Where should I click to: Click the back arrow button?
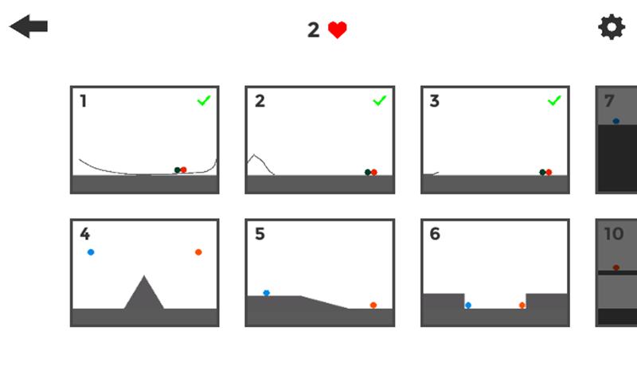[29, 26]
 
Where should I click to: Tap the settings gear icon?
[612, 27]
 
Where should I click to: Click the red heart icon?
[338, 30]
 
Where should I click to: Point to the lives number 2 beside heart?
[314, 30]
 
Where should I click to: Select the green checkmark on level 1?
[204, 100]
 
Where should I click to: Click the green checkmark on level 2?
[379, 100]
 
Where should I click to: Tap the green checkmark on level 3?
[554, 100]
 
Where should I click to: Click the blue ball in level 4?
[91, 252]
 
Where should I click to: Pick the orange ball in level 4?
[198, 252]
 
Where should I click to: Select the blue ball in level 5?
[266, 293]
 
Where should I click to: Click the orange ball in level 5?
[373, 305]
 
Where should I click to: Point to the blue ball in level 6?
[467, 305]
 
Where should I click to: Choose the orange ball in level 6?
[522, 305]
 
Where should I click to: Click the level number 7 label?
[609, 101]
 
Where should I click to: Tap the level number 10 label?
[614, 234]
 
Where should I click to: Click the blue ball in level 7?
[616, 121]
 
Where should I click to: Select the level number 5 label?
[260, 234]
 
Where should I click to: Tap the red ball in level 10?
[616, 267]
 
